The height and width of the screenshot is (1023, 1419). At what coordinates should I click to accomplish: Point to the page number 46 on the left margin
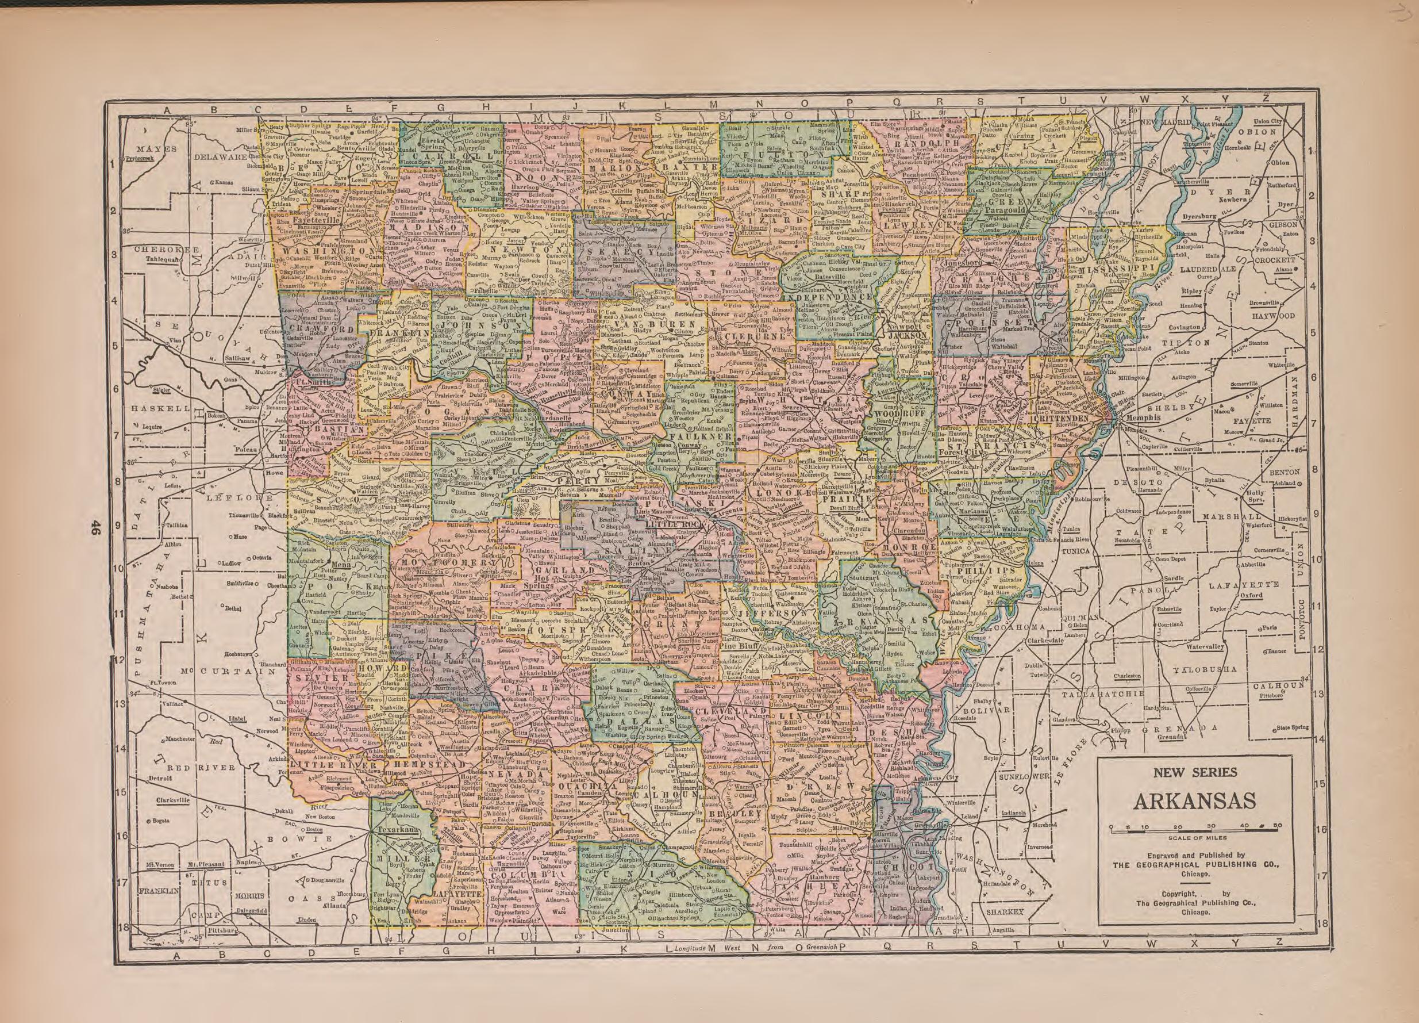[x=95, y=529]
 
